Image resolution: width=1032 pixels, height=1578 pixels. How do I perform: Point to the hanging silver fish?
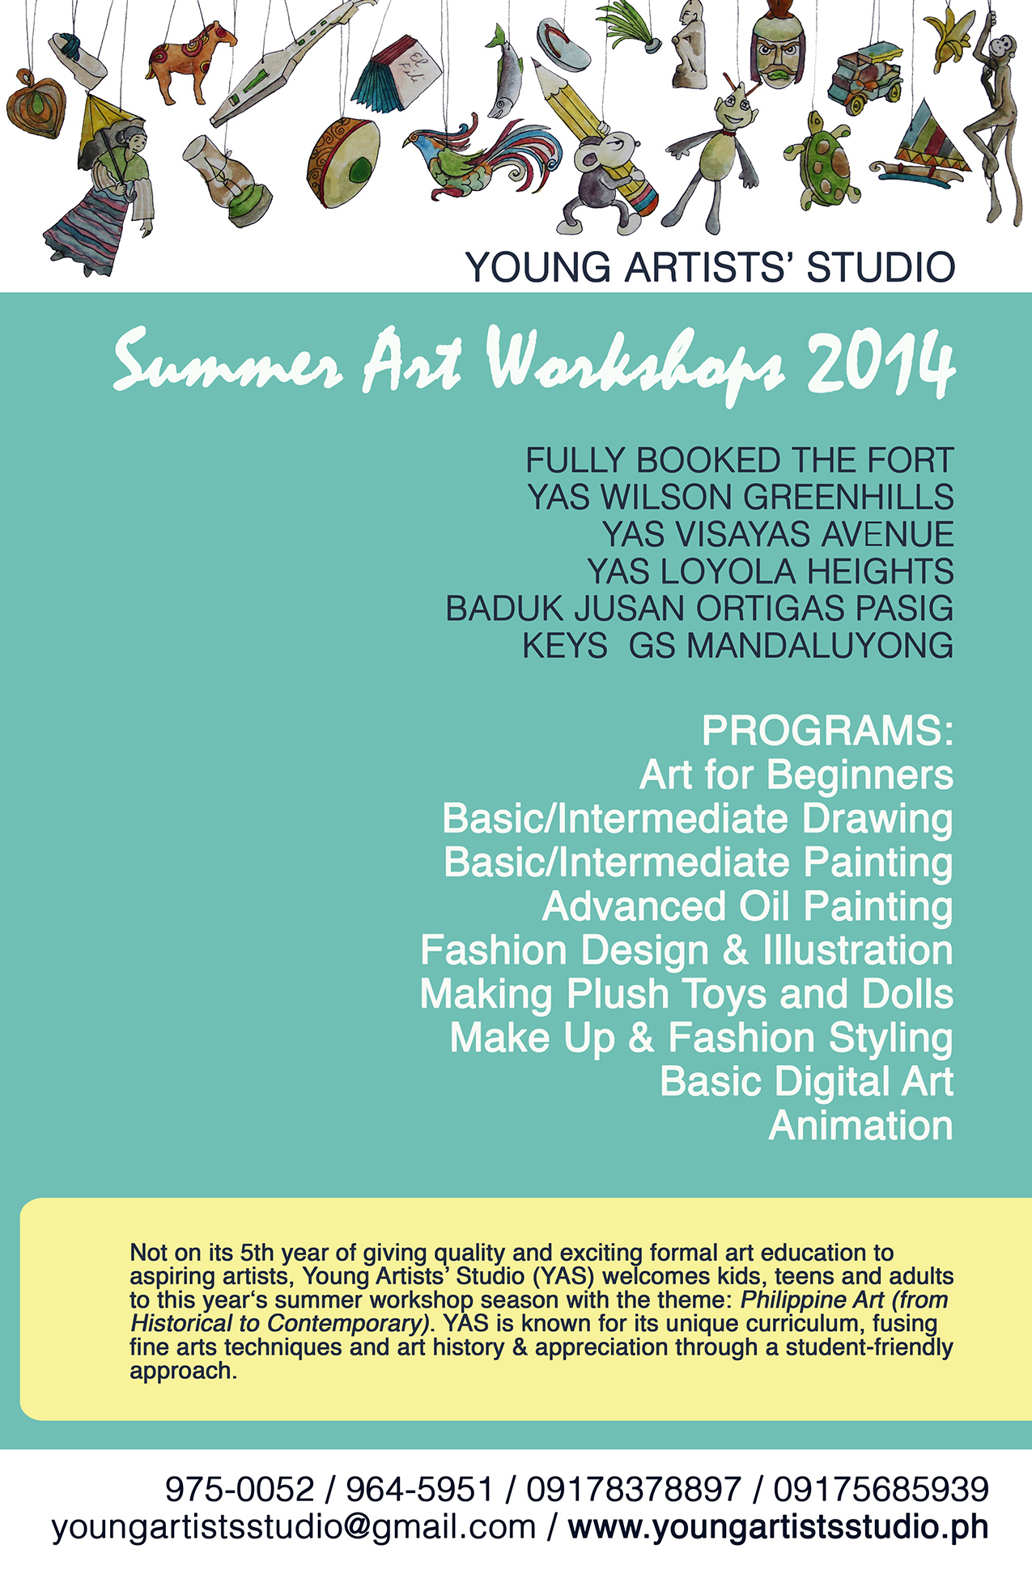click(x=507, y=77)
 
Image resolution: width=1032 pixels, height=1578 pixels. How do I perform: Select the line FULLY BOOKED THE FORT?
click(x=739, y=460)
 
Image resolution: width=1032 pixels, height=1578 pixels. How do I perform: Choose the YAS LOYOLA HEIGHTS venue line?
click(x=770, y=571)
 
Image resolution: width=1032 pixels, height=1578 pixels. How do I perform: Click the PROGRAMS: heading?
click(x=827, y=731)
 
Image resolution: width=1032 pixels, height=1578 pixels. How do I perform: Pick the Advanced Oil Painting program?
click(x=747, y=906)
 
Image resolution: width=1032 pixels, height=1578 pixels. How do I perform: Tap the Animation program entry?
click(x=860, y=1126)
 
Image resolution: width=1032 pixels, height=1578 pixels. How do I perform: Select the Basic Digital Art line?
click(x=806, y=1082)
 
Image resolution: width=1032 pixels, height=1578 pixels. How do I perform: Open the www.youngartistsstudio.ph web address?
click(x=778, y=1527)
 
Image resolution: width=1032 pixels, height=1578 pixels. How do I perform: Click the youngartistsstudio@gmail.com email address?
click(x=294, y=1527)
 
